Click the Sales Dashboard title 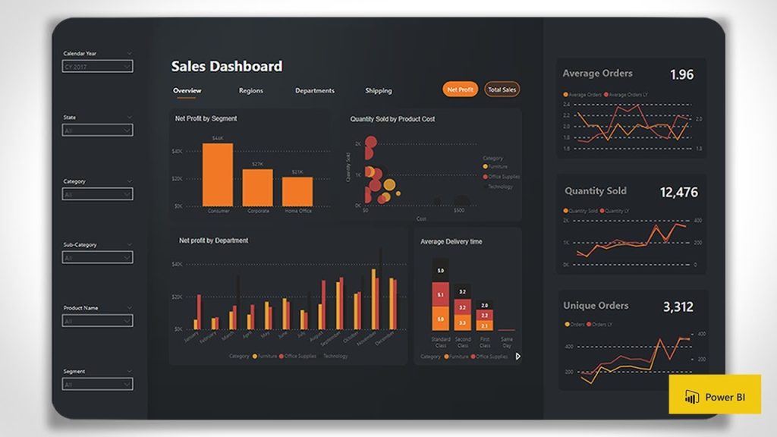[226, 67]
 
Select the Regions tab [251, 91]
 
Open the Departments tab [315, 91]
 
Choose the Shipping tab [378, 91]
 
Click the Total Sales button [502, 90]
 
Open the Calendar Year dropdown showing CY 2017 [97, 67]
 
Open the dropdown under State [97, 130]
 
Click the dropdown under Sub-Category [97, 258]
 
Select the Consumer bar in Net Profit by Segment [218, 174]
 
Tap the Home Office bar [297, 191]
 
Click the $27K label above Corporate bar [257, 164]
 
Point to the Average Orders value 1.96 [681, 74]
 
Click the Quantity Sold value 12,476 [678, 193]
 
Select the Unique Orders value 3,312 [678, 307]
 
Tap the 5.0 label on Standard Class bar [441, 271]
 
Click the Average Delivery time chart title [451, 242]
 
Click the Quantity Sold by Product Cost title [392, 119]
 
